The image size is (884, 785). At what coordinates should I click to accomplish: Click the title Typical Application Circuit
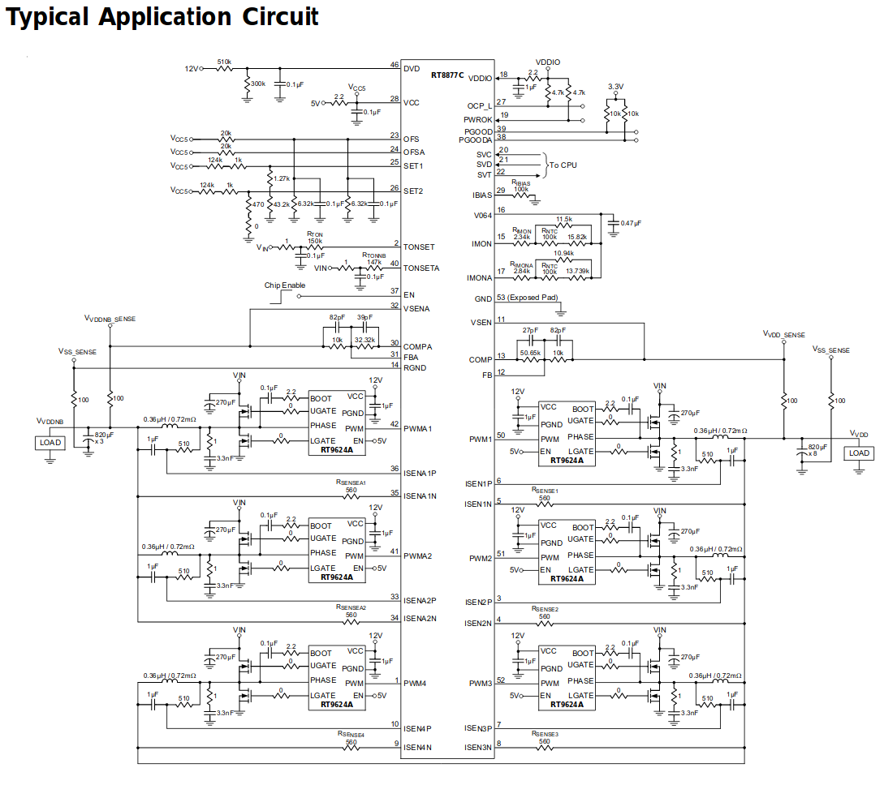coord(162,18)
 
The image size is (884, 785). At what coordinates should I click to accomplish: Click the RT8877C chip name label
coord(447,75)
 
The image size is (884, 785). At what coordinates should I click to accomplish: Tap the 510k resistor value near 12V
coord(224,62)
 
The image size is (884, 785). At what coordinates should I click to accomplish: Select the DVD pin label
coord(412,69)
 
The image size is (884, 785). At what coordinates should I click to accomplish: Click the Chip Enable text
coord(285,285)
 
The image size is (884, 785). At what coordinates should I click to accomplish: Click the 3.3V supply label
coord(616,87)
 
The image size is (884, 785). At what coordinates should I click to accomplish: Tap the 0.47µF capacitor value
coord(631,223)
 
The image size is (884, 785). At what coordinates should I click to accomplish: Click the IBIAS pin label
coord(481,195)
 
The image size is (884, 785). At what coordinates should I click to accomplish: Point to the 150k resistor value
coord(315,241)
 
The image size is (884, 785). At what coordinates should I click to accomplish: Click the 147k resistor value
coord(373,262)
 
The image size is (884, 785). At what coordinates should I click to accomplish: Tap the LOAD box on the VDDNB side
coord(50,443)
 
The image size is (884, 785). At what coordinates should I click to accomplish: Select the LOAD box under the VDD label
coord(859,453)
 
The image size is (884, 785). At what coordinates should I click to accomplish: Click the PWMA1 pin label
coord(418,428)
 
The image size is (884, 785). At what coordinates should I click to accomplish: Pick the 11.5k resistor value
coord(564,220)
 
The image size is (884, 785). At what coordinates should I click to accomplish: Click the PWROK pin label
coord(478,120)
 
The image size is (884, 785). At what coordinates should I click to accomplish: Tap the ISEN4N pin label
coord(417,747)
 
